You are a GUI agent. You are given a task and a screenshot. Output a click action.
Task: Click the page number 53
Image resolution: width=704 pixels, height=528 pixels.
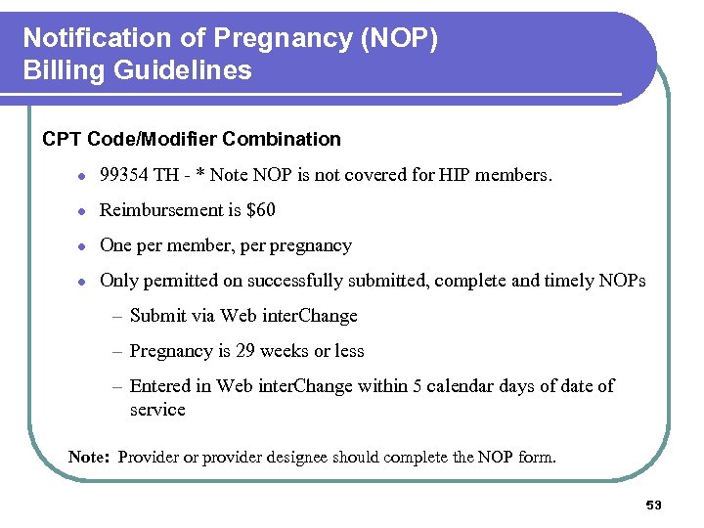coord(654,506)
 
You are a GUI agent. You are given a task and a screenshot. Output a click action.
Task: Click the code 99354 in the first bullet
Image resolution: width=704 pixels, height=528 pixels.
coord(123,175)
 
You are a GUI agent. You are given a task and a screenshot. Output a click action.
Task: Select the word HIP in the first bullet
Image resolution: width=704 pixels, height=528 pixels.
coord(454,175)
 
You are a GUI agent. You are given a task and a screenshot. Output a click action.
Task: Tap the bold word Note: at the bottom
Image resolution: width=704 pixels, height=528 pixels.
coord(90,457)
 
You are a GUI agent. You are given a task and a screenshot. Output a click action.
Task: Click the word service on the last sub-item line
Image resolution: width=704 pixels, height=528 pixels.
coord(157,410)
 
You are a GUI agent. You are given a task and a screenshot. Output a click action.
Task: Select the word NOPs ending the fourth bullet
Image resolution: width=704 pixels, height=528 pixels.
coord(622,281)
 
